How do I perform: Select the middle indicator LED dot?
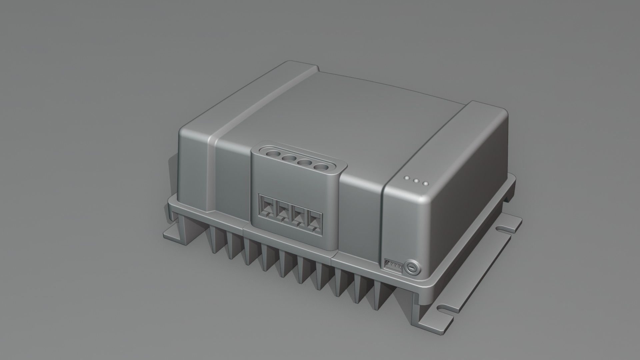(416, 181)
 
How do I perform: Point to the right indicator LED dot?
(425, 183)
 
